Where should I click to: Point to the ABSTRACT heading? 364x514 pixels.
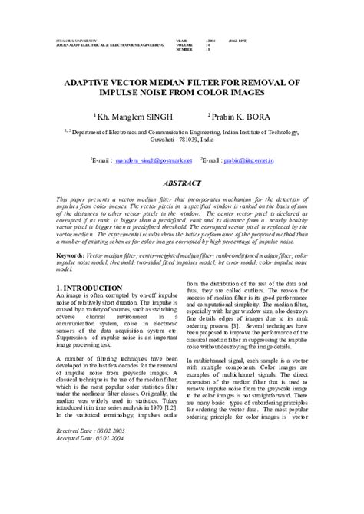coord(182,185)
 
